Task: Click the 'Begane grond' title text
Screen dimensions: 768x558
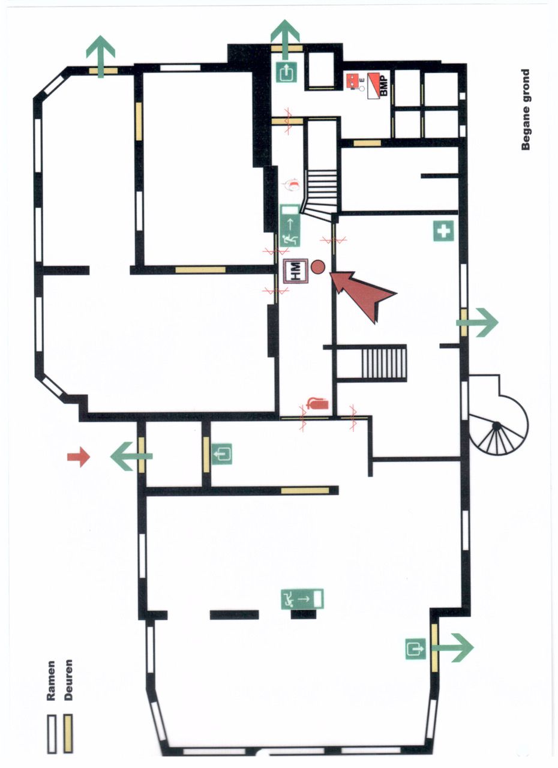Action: [x=526, y=110]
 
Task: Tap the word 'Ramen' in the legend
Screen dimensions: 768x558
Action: [x=52, y=681]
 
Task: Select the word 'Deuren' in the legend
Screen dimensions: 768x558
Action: [x=68, y=681]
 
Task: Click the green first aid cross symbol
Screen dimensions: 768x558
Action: [x=443, y=231]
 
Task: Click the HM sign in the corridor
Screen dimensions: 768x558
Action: [x=295, y=272]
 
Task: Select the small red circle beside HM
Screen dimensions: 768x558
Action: [x=318, y=267]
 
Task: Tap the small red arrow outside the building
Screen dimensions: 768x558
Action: [x=79, y=457]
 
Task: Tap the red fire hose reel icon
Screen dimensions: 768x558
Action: [x=293, y=184]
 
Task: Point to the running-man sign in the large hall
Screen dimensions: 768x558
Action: [x=302, y=598]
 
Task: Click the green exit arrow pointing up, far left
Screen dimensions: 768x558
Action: [x=101, y=55]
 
